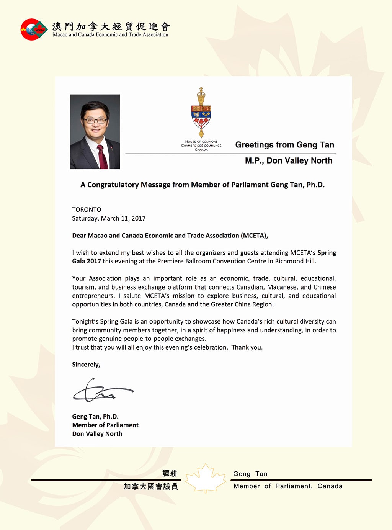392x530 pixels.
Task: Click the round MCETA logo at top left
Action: [x=34, y=29]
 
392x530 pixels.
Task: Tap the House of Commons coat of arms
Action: [x=201, y=113]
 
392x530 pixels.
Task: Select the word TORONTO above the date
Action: [x=87, y=209]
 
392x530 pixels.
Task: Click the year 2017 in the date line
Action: [x=138, y=218]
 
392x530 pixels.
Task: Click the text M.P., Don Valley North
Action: [x=289, y=160]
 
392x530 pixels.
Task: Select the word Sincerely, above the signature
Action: [x=86, y=365]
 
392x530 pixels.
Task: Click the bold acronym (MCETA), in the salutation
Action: [x=254, y=236]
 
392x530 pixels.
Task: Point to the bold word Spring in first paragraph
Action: [x=327, y=253]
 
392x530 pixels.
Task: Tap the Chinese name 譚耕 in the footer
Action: [x=170, y=474]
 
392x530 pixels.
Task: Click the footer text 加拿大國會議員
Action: [x=150, y=486]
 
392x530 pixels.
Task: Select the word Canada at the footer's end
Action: [x=330, y=486]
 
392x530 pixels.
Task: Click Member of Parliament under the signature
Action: [x=105, y=425]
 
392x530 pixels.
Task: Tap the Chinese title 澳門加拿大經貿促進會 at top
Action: [x=111, y=26]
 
